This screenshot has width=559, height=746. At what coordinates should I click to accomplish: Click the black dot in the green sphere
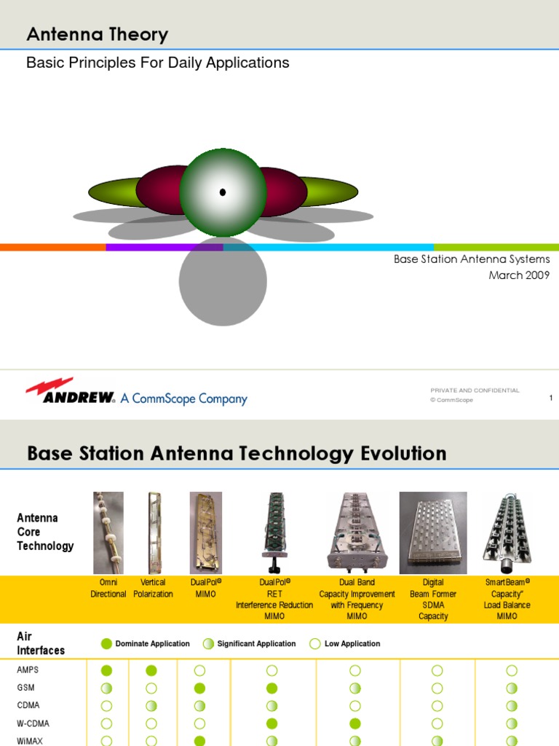[223, 192]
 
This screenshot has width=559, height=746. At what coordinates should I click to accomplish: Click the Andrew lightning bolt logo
[49, 387]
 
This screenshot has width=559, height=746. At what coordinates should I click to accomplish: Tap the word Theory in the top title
[135, 34]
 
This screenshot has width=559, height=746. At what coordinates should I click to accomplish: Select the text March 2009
[519, 275]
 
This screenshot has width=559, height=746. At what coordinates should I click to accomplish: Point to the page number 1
[551, 397]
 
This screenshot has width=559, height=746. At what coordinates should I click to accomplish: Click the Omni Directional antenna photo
[108, 533]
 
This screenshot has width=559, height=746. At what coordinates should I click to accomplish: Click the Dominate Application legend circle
[107, 643]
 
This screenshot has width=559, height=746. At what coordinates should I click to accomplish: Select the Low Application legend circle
[315, 643]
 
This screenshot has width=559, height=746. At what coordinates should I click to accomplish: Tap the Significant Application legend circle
[209, 643]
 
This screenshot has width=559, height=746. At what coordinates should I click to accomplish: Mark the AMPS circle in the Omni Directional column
[107, 670]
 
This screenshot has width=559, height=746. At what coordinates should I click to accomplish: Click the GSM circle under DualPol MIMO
[199, 688]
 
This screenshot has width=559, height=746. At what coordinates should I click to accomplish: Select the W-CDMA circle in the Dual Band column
[355, 723]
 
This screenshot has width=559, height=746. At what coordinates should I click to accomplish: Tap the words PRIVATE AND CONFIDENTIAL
[475, 390]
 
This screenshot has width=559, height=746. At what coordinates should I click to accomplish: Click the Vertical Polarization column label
[153, 588]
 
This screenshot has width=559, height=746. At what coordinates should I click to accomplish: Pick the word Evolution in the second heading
[403, 454]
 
